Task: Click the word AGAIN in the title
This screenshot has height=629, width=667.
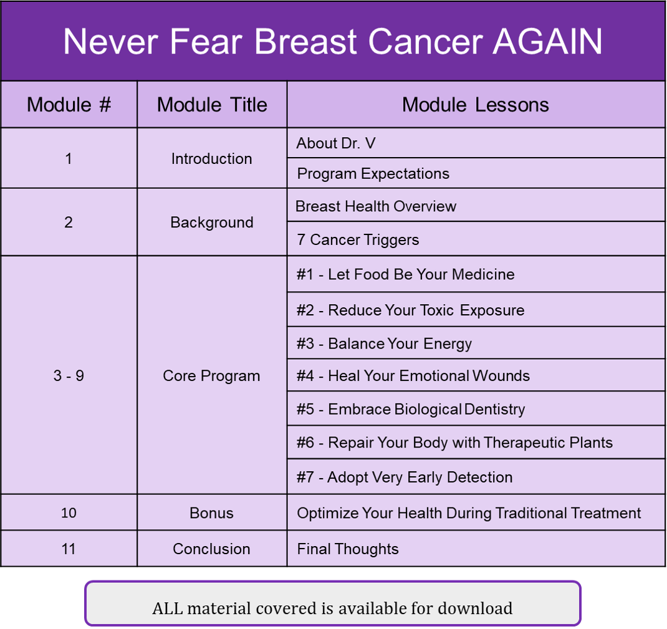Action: [x=547, y=41]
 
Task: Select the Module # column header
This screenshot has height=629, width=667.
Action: [x=69, y=105]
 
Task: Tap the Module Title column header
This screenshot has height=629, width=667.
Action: [x=212, y=105]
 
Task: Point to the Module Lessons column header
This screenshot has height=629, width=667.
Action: [x=476, y=105]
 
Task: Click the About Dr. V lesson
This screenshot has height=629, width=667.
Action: [x=336, y=143]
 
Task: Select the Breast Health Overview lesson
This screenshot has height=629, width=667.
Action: [x=376, y=206]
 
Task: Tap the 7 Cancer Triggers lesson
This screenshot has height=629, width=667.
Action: [x=358, y=240]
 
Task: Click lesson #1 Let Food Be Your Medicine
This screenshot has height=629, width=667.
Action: [x=405, y=274]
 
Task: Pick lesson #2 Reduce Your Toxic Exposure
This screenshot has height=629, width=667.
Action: [x=411, y=310]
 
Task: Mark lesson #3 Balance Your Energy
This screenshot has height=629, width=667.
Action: [x=384, y=343]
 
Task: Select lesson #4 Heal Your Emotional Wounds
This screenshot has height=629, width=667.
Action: [x=413, y=376]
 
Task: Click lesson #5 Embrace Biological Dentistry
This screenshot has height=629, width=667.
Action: [x=411, y=409]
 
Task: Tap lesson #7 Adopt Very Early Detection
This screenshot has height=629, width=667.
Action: [x=405, y=477]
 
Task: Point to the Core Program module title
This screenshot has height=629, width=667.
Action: [x=211, y=376]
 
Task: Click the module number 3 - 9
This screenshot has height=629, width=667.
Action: [x=69, y=375]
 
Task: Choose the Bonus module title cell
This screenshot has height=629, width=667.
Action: [x=211, y=513]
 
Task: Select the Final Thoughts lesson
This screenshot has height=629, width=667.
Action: [x=348, y=549]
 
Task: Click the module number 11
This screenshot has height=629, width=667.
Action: [x=69, y=549]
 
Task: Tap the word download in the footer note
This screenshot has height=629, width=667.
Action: [x=475, y=608]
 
